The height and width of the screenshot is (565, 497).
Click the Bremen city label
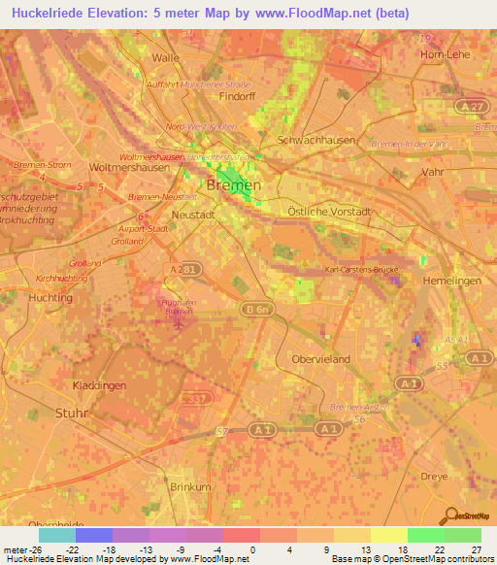[233, 185]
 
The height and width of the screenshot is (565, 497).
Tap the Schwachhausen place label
[310, 140]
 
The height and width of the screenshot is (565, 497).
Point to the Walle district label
[166, 57]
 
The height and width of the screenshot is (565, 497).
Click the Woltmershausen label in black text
[129, 167]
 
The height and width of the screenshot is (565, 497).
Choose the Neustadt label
[191, 214]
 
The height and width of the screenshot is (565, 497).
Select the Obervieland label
[319, 358]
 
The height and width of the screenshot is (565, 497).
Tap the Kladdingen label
[99, 385]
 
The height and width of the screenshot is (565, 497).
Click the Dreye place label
[434, 476]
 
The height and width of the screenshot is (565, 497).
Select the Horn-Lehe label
[445, 55]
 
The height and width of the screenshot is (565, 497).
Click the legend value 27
[475, 550]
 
